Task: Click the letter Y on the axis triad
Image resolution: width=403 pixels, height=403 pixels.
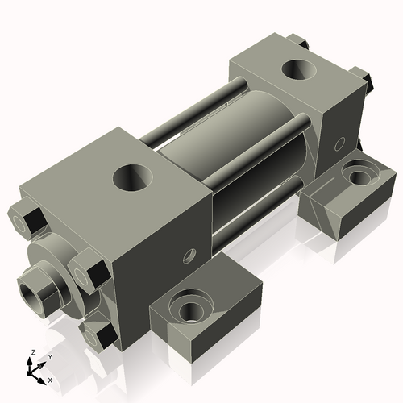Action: pos(49,356)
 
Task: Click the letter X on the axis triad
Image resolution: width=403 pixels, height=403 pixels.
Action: pos(51,379)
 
